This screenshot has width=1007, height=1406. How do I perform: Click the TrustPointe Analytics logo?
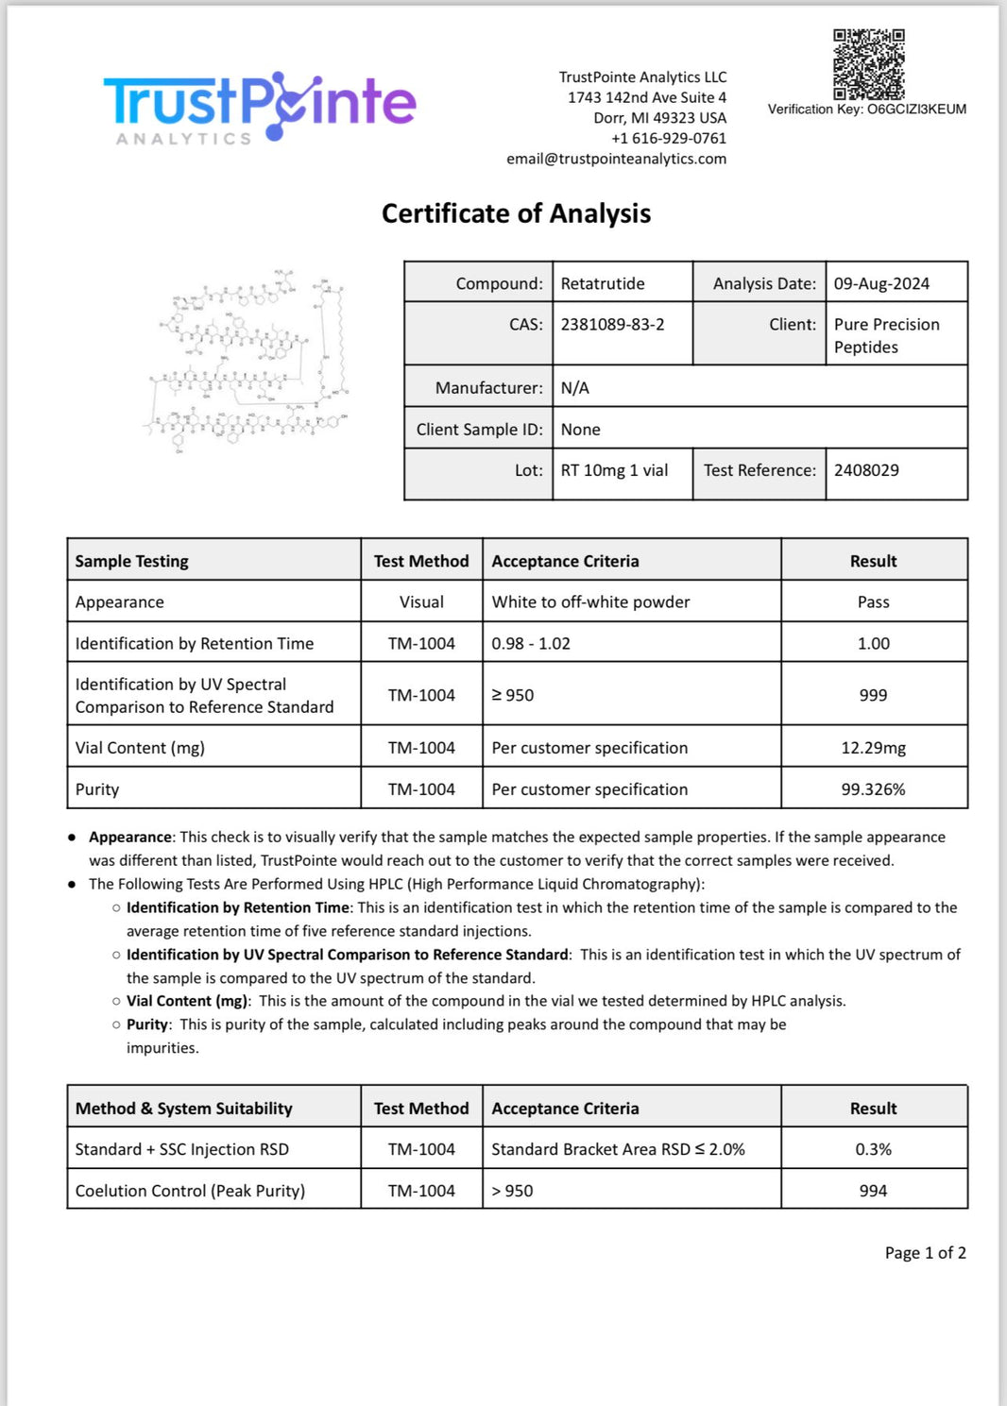point(260,107)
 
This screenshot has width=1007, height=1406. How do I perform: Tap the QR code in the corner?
point(868,64)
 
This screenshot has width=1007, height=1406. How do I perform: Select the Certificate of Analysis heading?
point(516,213)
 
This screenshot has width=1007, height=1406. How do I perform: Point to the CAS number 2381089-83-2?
point(612,324)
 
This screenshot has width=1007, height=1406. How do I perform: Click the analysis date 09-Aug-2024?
point(880,283)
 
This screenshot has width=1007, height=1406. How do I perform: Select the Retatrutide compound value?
point(602,283)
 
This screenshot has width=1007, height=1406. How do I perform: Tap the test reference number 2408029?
point(865,470)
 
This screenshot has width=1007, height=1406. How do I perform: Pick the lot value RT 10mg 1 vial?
point(614,470)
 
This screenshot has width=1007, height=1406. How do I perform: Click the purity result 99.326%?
point(873,789)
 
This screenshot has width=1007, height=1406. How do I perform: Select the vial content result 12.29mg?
point(873,748)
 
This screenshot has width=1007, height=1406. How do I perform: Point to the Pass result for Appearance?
point(873,602)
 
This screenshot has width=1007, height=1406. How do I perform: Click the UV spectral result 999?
point(873,695)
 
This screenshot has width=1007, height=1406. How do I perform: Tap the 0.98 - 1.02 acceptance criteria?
point(531,644)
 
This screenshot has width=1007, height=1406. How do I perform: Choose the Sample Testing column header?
point(132,561)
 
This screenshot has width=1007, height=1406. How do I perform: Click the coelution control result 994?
point(873,1191)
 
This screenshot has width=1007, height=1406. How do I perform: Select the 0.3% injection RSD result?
point(873,1149)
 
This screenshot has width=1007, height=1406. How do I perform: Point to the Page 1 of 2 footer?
point(925,1253)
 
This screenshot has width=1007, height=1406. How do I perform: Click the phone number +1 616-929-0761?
point(669,138)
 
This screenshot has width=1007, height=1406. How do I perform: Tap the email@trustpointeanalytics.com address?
point(616,159)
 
